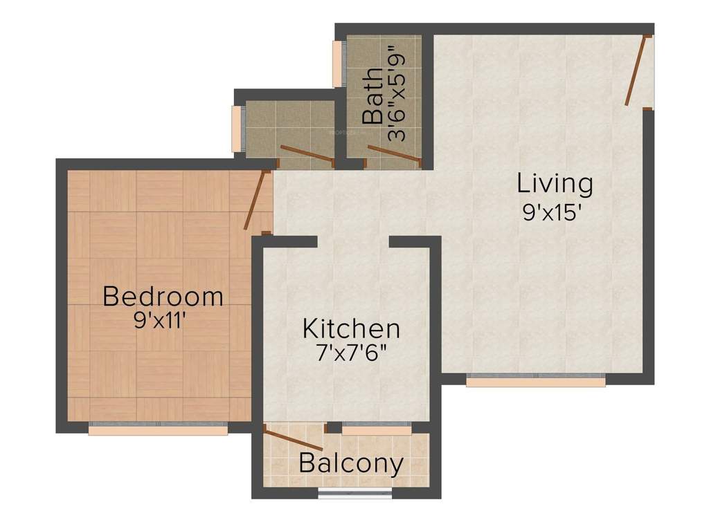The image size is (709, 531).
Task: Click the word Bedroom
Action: coord(163,297)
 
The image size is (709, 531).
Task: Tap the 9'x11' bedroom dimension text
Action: coord(161,321)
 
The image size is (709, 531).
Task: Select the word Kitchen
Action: coord(351,328)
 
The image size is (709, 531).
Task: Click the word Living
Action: coord(555,184)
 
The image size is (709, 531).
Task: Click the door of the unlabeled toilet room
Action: coord(306,155)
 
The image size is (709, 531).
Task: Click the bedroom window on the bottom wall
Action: coord(159,430)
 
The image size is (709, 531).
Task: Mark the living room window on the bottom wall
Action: coord(535,381)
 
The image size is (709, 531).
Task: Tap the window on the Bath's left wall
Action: coord(337,64)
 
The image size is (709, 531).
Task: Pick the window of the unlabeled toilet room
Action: coord(237,127)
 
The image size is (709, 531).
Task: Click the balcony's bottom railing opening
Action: coord(354,494)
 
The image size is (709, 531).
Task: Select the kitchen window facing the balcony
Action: coord(377,430)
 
